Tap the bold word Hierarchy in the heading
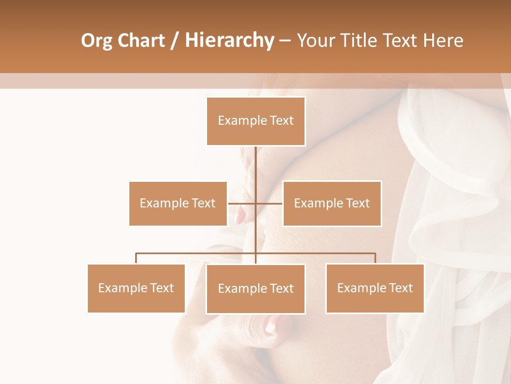(x=229, y=41)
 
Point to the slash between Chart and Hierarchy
(x=175, y=41)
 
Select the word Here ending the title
(x=443, y=41)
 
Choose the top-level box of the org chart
(x=256, y=121)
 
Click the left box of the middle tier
(x=178, y=203)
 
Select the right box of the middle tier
(x=332, y=203)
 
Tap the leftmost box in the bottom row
(x=136, y=288)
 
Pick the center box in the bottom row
(x=256, y=289)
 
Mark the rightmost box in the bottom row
(x=375, y=288)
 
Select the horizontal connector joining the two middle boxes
(x=255, y=203)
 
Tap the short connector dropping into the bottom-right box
(x=375, y=259)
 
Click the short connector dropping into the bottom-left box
(x=136, y=259)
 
